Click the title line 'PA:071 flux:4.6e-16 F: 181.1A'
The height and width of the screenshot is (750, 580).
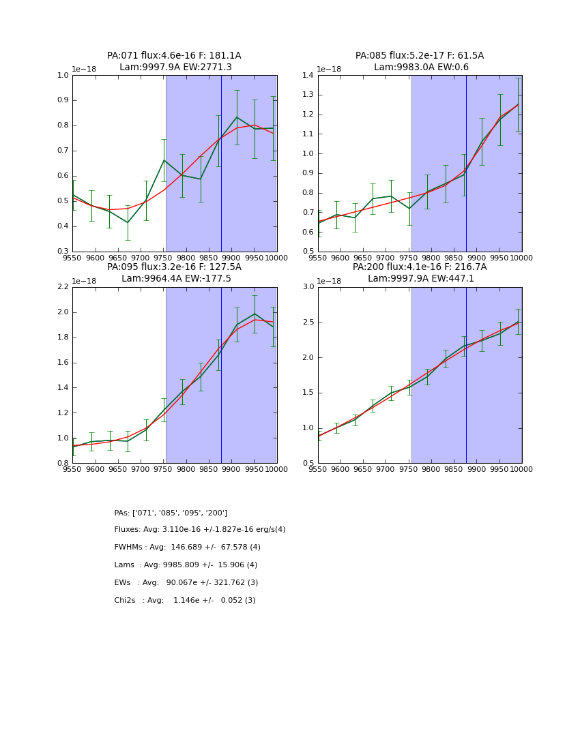click(174, 56)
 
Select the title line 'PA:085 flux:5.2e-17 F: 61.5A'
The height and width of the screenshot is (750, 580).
click(419, 56)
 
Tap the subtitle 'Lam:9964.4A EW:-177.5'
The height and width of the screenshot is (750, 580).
click(176, 279)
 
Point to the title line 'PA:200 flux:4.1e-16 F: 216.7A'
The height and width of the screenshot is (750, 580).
click(419, 267)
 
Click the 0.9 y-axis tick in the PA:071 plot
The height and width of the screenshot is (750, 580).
click(63, 100)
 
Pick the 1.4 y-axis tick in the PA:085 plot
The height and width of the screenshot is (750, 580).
click(308, 76)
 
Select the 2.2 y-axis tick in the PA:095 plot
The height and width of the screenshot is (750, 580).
click(63, 287)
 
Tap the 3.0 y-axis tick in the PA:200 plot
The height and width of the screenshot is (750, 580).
click(308, 287)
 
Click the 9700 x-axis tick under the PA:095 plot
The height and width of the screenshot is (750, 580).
click(141, 469)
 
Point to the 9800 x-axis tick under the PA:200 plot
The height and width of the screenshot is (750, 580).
click(431, 469)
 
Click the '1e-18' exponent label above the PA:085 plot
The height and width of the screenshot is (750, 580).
click(330, 70)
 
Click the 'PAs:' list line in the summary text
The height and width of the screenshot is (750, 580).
click(171, 513)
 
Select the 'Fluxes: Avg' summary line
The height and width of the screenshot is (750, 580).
click(200, 530)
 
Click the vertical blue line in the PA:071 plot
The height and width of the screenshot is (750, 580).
click(221, 164)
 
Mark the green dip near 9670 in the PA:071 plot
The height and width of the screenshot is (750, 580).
click(127, 222)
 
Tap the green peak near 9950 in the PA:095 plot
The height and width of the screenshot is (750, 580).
click(255, 314)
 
